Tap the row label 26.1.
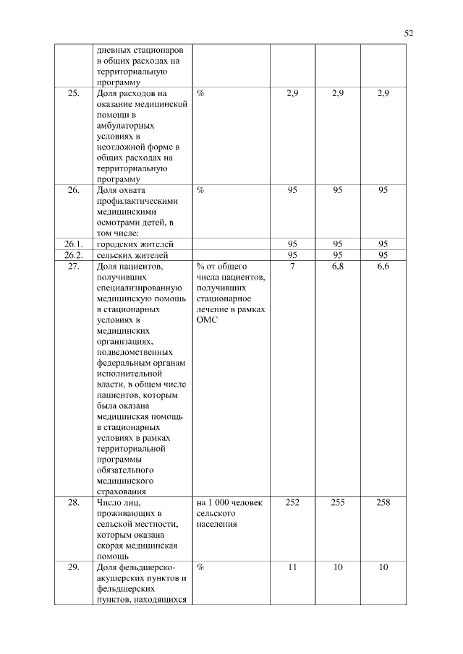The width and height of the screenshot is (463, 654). (x=74, y=244)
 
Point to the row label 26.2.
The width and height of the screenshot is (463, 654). (x=74, y=255)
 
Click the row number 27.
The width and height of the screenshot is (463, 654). (x=74, y=267)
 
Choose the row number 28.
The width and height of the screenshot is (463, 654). (x=74, y=502)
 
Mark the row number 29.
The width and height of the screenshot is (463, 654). (x=74, y=568)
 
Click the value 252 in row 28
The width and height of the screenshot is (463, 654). (x=292, y=502)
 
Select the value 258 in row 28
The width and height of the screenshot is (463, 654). (x=383, y=502)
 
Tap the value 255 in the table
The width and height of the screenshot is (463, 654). (x=337, y=502)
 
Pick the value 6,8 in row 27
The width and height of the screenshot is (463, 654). (x=337, y=267)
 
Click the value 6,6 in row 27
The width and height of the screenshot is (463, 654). (x=383, y=267)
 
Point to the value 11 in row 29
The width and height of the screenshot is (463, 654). (x=292, y=568)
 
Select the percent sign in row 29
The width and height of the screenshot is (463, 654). (x=200, y=568)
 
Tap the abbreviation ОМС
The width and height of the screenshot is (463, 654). (x=207, y=320)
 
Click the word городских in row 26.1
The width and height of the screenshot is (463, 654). (x=118, y=244)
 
